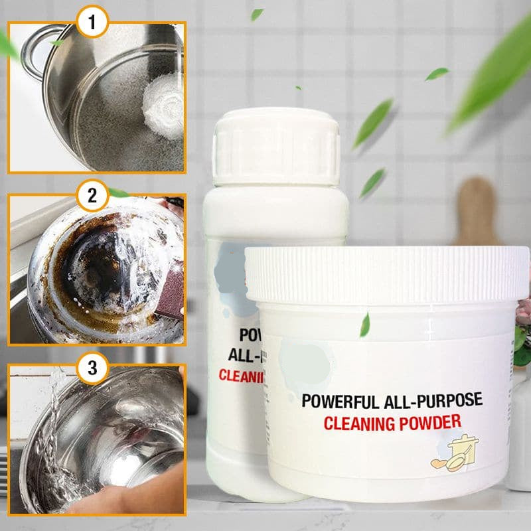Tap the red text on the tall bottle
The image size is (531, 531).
[x=242, y=376]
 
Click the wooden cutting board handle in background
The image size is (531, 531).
[x=475, y=206]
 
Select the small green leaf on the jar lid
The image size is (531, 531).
[x=364, y=325]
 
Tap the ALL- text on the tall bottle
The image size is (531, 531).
[x=242, y=353]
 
